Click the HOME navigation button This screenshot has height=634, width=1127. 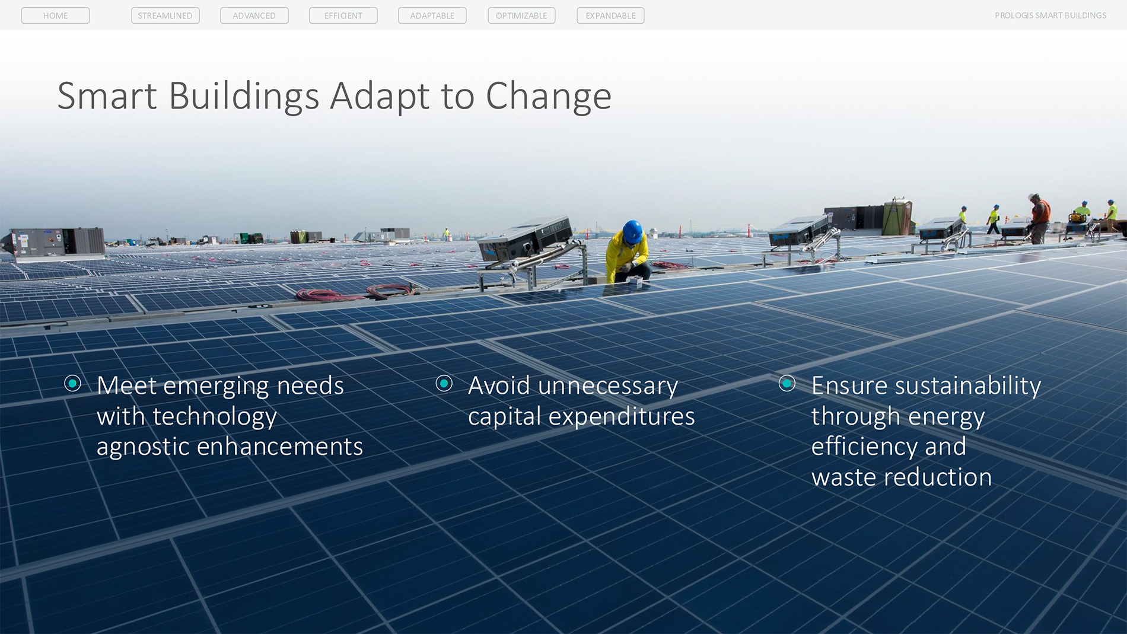coord(55,15)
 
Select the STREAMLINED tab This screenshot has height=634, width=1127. coord(165,15)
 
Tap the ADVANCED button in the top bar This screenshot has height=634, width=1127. coord(254,15)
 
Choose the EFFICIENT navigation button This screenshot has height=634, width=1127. coord(343,15)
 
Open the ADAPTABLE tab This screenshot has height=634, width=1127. coord(432,15)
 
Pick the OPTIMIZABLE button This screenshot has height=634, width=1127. coord(521,15)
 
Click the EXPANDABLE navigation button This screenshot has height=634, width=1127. coord(610,15)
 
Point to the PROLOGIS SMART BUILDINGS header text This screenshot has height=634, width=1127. coord(1050,15)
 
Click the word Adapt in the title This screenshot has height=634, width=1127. coord(380,97)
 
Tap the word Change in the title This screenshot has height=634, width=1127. coord(549,97)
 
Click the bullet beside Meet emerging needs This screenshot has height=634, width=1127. coord(72,384)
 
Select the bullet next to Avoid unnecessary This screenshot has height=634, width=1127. coord(444,384)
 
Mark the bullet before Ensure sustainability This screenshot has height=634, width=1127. coord(787,384)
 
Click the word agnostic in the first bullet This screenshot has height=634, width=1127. coord(142,447)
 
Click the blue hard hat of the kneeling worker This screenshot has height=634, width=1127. coord(632,231)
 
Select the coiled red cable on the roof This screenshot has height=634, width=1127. coord(356,292)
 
